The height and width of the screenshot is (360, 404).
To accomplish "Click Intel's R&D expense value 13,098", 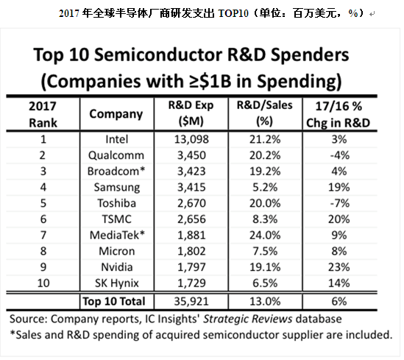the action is click(x=191, y=139).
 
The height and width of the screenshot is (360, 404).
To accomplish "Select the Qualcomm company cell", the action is click(x=116, y=155).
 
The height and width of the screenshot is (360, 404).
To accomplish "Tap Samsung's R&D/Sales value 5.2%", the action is click(x=265, y=187).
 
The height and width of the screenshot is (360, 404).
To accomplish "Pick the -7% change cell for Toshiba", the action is click(x=340, y=203).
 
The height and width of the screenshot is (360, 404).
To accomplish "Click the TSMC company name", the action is click(x=117, y=219).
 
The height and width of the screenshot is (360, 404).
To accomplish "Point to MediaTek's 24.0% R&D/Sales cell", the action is click(x=265, y=236).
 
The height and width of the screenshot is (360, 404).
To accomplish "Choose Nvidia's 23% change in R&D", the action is click(x=339, y=267).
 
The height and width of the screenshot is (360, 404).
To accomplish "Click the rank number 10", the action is click(x=43, y=283).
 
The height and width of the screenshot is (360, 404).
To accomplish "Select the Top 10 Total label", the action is click(x=114, y=302).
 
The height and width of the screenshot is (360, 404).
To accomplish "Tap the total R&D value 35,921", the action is click(x=191, y=302).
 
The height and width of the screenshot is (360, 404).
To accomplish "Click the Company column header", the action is click(x=116, y=114).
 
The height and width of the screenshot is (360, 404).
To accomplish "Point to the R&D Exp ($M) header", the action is click(x=191, y=113).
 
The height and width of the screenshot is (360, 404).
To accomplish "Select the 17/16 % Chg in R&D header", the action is click(x=339, y=114).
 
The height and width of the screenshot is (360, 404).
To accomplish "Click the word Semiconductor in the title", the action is click(x=158, y=54).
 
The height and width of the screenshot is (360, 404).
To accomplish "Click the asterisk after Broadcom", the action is click(x=142, y=169).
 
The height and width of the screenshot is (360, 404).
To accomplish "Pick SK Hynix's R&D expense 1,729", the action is click(x=191, y=283).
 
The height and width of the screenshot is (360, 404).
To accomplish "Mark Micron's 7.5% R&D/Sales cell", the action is click(x=265, y=251).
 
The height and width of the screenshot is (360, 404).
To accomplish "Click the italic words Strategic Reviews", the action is click(x=247, y=319).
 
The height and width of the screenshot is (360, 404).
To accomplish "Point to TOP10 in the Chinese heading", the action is click(x=233, y=13).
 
